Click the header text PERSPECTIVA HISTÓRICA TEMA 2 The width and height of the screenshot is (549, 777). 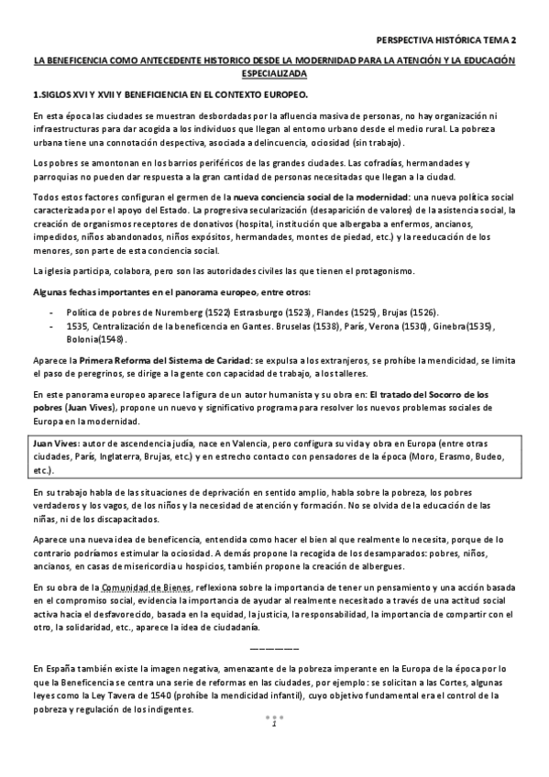point(446,40)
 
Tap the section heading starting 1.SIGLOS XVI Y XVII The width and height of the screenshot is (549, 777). point(170,94)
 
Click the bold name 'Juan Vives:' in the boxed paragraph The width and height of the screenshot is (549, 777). point(54,443)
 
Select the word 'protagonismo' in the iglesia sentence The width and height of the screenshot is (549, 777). point(383,270)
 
